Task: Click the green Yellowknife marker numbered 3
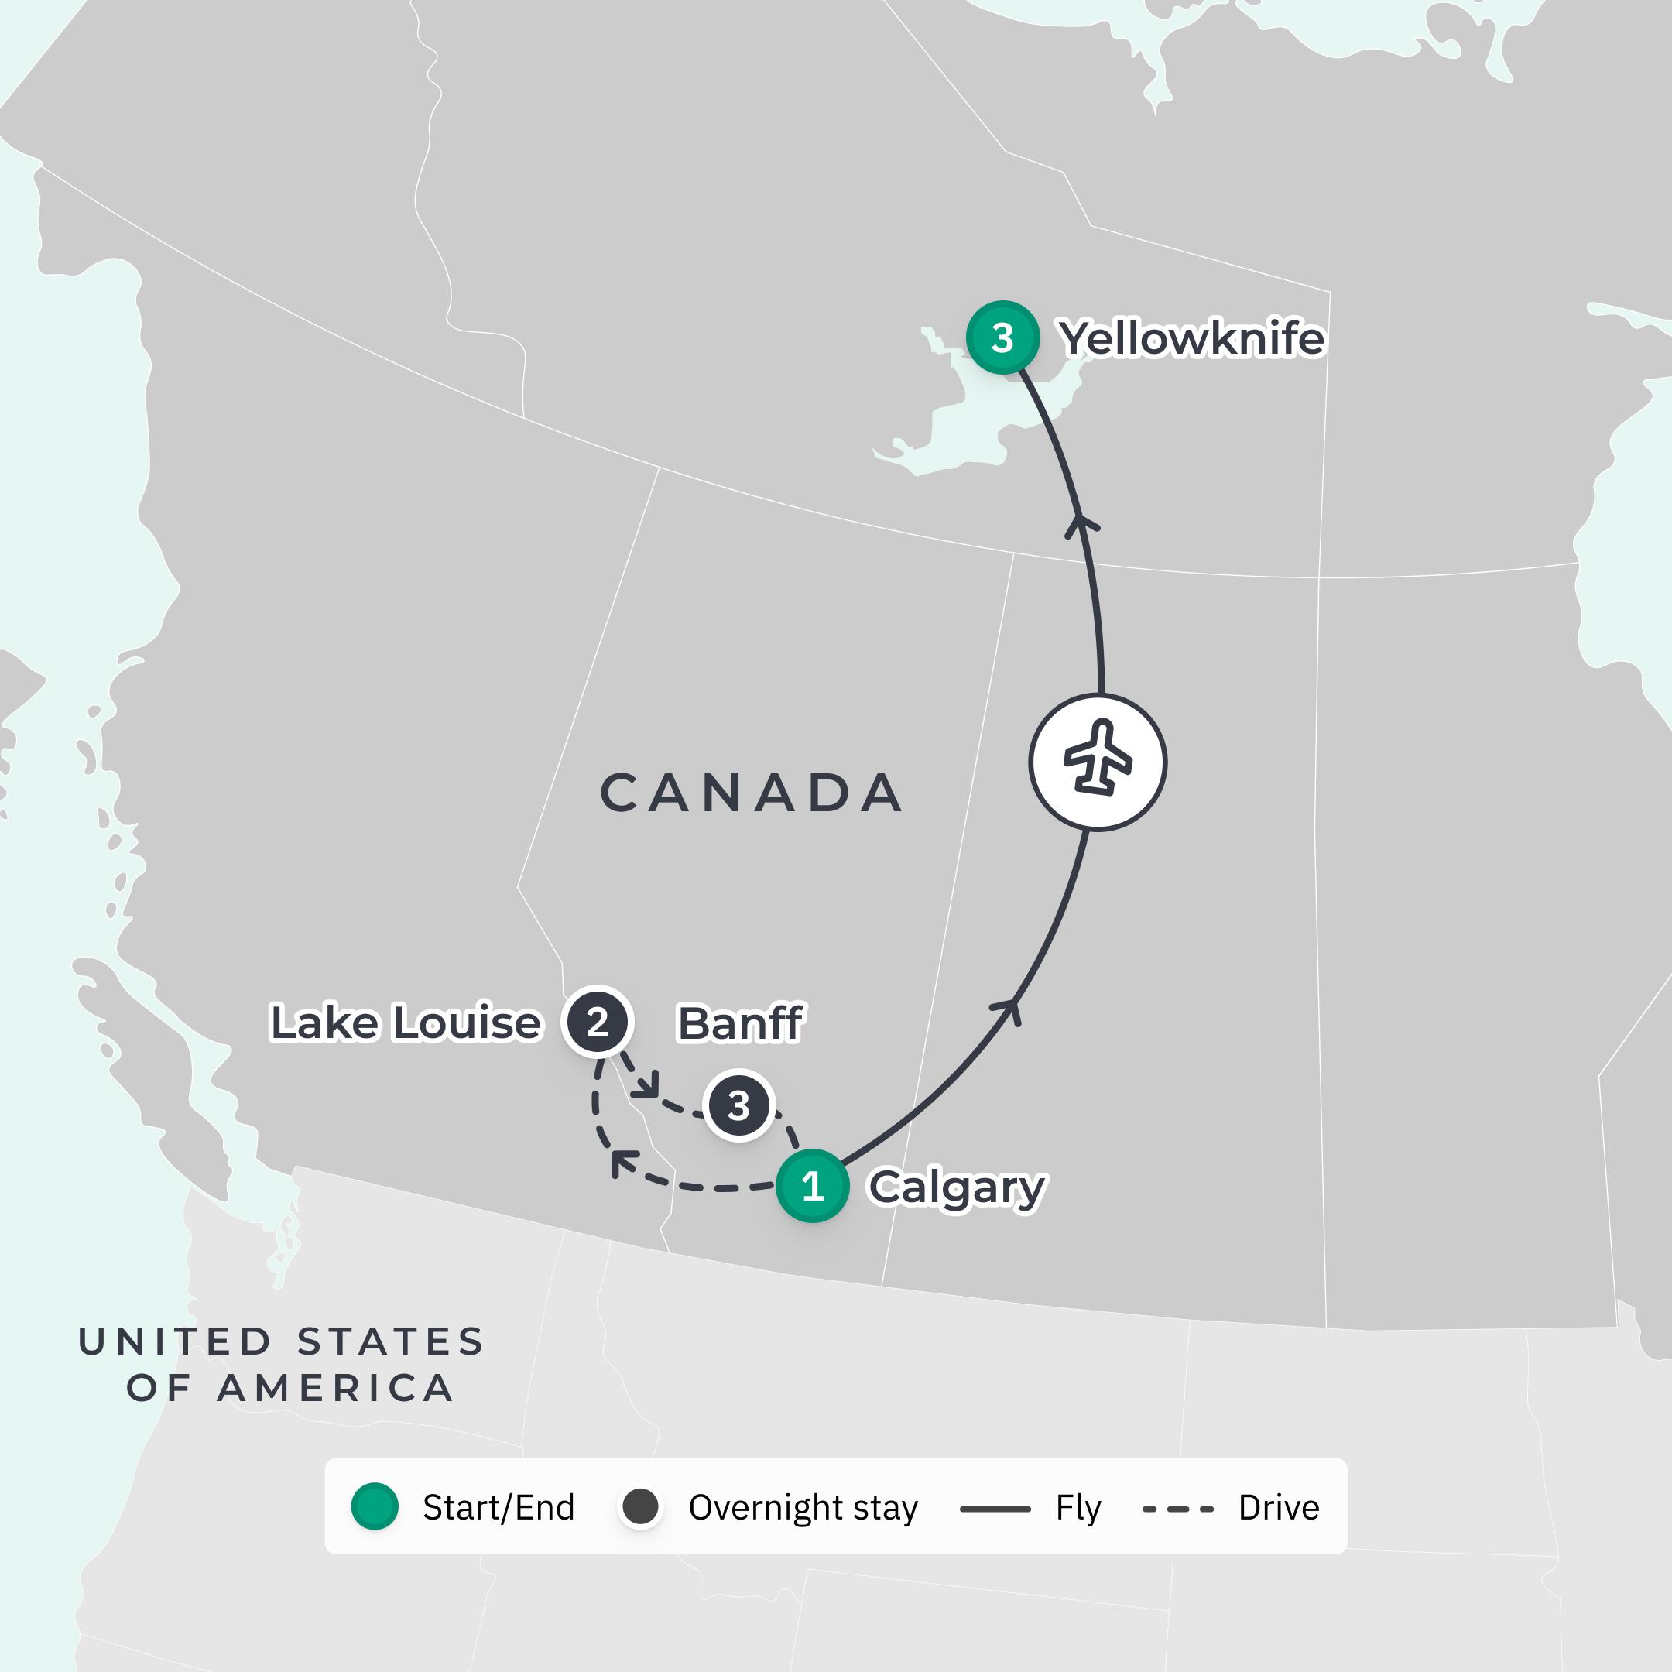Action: click(1002, 337)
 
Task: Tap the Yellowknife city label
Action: click(1193, 338)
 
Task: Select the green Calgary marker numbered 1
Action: click(812, 1186)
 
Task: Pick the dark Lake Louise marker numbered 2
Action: click(597, 1022)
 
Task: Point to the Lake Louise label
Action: click(406, 1022)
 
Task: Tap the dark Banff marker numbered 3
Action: click(738, 1105)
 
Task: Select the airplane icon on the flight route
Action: click(1098, 762)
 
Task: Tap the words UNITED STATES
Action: click(281, 1341)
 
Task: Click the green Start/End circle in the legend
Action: click(375, 1506)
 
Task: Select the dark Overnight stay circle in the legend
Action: click(640, 1506)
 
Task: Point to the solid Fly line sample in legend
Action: click(995, 1509)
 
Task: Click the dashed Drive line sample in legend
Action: click(1178, 1509)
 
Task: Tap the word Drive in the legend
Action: click(1278, 1508)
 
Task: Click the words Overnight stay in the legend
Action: click(802, 1508)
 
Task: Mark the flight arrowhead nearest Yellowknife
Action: click(1081, 525)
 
